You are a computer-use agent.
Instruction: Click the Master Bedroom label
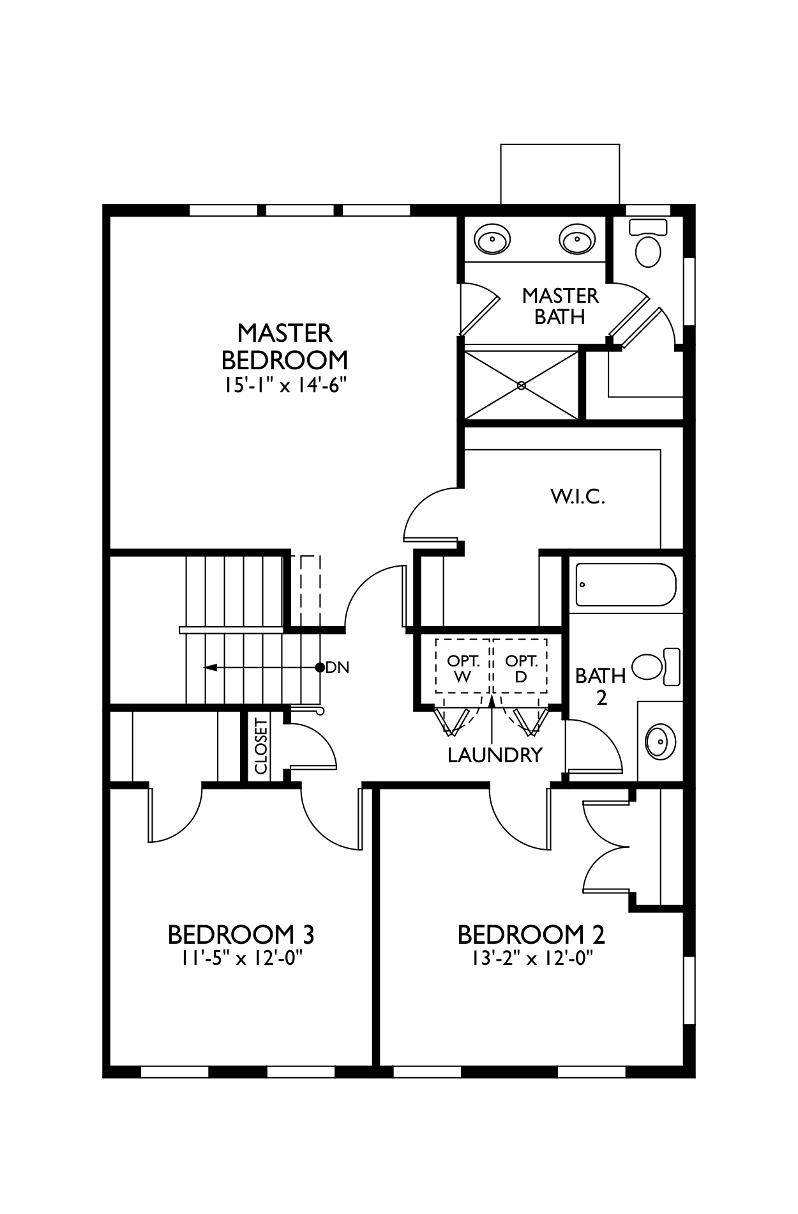(x=285, y=346)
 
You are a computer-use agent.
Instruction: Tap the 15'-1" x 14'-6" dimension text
(x=285, y=387)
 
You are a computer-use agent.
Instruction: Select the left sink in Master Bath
(x=492, y=240)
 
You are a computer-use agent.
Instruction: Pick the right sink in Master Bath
(x=577, y=240)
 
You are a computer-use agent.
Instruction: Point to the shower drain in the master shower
(x=522, y=385)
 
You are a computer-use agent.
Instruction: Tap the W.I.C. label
(x=577, y=496)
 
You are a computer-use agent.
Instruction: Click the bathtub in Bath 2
(x=625, y=585)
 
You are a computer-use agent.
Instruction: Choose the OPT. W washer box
(x=463, y=668)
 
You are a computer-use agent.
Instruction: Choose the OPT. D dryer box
(x=521, y=668)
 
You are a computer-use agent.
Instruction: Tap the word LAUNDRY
(x=495, y=755)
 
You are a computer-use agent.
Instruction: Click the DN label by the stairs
(x=338, y=668)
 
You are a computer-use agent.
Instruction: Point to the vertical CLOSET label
(x=260, y=746)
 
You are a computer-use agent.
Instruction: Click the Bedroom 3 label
(x=241, y=935)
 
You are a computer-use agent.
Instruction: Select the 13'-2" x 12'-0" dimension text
(x=531, y=958)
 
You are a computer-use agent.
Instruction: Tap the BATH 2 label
(x=600, y=686)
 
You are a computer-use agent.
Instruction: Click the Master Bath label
(x=560, y=305)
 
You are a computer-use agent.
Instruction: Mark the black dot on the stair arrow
(x=320, y=668)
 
